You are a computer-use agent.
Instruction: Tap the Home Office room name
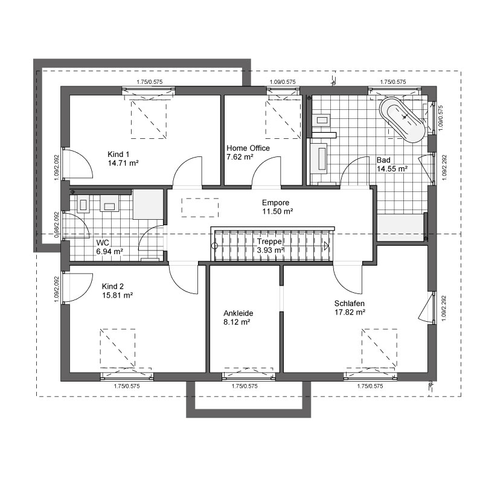pos(248,148)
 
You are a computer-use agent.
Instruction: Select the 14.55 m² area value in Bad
pos(392,169)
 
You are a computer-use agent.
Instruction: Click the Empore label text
pos(276,203)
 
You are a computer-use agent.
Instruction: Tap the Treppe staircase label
pos(269,241)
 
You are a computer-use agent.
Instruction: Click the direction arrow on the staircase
pos(326,246)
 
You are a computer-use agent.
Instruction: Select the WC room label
pos(103,243)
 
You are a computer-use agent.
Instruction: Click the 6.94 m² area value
pos(110,251)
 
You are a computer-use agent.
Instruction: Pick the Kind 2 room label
pos(113,286)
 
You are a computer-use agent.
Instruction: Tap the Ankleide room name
pos(238,313)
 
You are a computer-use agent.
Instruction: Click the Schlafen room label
pos(350,304)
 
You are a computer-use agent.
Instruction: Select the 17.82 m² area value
pos(350,312)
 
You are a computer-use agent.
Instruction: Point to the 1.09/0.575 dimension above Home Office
pos(283,82)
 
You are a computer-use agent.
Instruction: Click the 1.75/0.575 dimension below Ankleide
pos(245,386)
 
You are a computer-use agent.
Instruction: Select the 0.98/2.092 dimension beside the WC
pos(57,225)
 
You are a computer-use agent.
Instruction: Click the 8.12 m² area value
pos(237,322)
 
